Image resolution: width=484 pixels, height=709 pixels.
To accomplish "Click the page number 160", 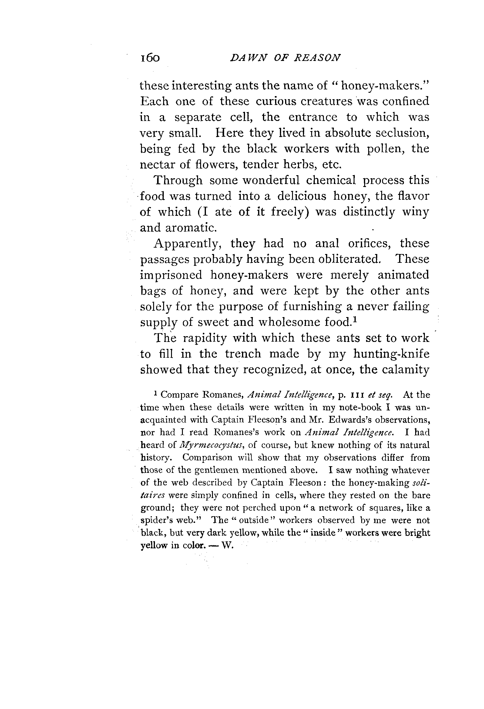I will [150, 58].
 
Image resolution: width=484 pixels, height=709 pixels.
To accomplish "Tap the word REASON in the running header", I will [317, 58].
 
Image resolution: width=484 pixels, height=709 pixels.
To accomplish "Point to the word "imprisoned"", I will [171, 275].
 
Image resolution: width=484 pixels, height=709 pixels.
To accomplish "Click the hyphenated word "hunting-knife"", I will [391, 354].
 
